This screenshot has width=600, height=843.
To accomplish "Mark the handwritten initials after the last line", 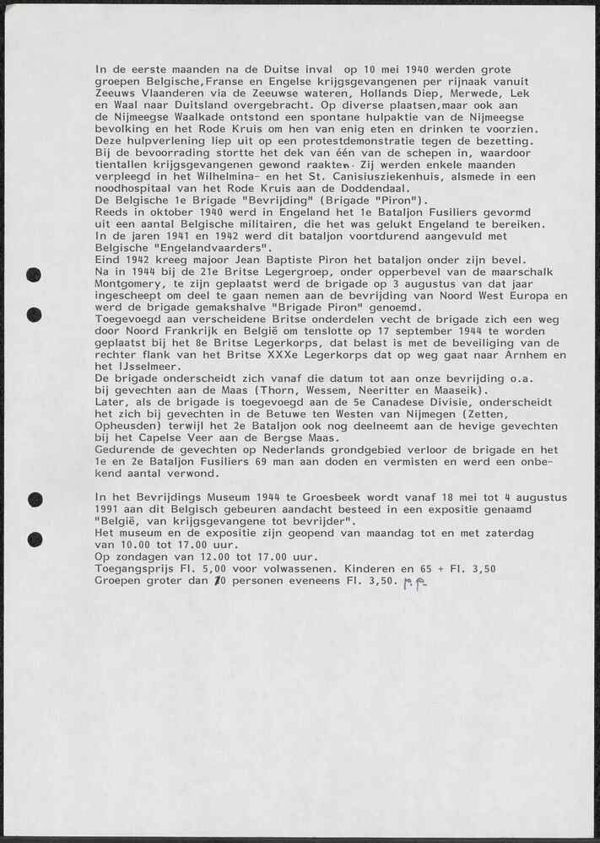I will [414, 582].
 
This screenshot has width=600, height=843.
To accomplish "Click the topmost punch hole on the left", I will [34, 274].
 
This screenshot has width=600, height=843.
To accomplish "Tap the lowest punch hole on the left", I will [34, 540].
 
